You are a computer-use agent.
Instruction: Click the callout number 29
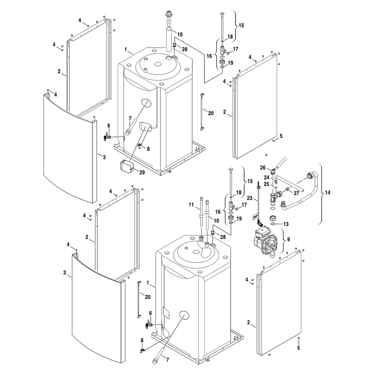click(142, 172)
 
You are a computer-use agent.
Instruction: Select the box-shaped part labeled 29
click(127, 166)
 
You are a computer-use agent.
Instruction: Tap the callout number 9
click(288, 239)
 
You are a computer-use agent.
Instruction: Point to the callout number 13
click(286, 224)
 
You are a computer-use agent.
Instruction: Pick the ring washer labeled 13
click(273, 224)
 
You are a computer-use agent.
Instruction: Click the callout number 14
click(327, 192)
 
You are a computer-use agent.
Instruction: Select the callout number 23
click(249, 198)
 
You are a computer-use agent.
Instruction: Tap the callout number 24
click(267, 177)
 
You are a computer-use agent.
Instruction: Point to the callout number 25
click(267, 184)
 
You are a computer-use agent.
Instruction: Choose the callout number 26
click(263, 168)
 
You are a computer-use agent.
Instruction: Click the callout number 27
click(296, 193)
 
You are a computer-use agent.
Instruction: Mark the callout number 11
click(191, 205)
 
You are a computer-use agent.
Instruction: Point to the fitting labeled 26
click(273, 171)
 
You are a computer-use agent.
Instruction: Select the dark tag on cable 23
click(255, 217)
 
